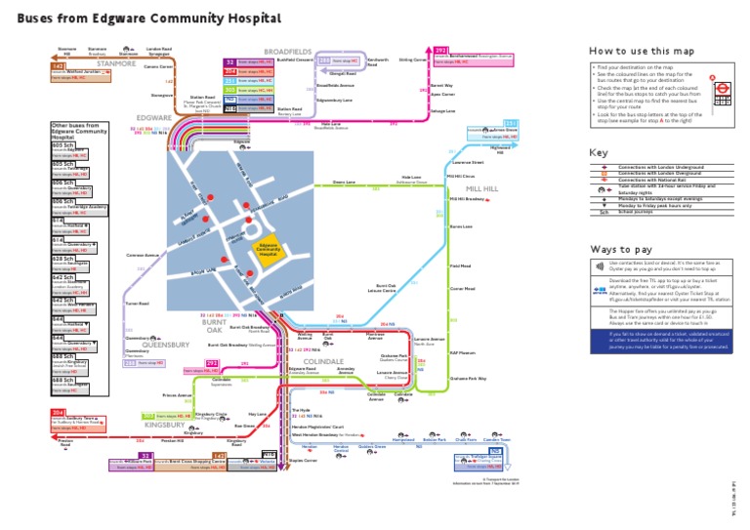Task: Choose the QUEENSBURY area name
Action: (166, 345)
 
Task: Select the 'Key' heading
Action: (598, 153)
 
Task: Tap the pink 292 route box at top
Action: (440, 49)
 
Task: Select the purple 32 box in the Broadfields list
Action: (229, 61)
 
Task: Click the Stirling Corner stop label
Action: (413, 60)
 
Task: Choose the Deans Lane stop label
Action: (344, 183)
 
